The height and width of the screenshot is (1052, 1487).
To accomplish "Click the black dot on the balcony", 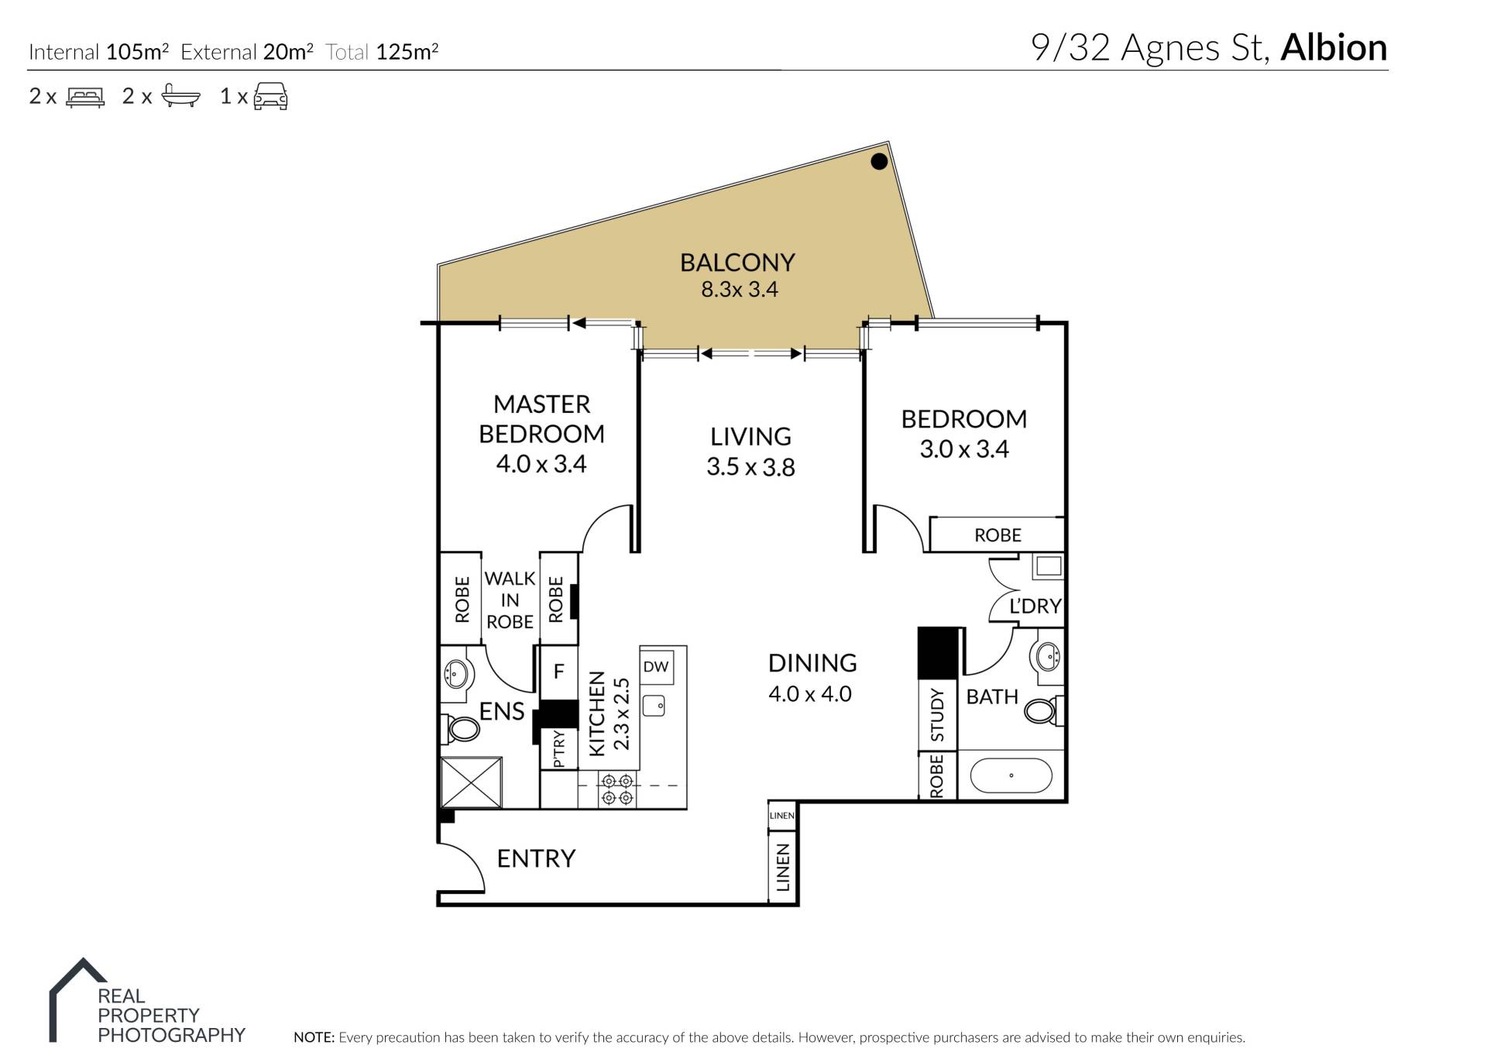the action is pyautogui.click(x=879, y=161).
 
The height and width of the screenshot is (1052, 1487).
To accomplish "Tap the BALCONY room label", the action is pyautogui.click(x=737, y=263).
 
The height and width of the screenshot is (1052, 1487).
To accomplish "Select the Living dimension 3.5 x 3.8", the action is pyautogui.click(x=750, y=467).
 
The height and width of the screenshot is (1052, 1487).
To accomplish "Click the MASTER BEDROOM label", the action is pyautogui.click(x=541, y=418).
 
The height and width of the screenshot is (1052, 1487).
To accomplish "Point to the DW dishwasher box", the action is pyautogui.click(x=656, y=666).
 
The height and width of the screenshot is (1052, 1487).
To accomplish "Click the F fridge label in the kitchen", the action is pyautogui.click(x=558, y=671).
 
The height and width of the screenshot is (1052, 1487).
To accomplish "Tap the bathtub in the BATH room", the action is pyautogui.click(x=1011, y=775).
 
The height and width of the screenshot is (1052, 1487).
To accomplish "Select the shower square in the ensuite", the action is pyautogui.click(x=471, y=783).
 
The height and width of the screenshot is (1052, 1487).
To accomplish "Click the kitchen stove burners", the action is pyautogui.click(x=617, y=789).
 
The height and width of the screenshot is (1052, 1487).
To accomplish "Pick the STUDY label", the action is pyautogui.click(x=937, y=714).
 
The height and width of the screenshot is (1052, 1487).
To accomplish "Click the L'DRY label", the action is pyautogui.click(x=1035, y=606).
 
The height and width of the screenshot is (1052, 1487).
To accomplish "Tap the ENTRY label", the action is pyautogui.click(x=536, y=858).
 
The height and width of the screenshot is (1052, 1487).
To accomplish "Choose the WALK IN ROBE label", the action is pyautogui.click(x=510, y=600).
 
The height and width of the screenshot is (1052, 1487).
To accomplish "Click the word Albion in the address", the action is pyautogui.click(x=1334, y=47).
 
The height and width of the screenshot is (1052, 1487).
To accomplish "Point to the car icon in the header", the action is pyautogui.click(x=270, y=97).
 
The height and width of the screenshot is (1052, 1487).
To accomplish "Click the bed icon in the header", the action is pyautogui.click(x=85, y=98).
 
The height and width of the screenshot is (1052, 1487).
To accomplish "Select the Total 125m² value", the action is pyautogui.click(x=407, y=51).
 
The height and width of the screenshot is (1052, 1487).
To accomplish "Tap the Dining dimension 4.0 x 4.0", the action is pyautogui.click(x=810, y=693).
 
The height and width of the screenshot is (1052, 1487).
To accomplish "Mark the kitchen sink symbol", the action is pyautogui.click(x=654, y=705).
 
